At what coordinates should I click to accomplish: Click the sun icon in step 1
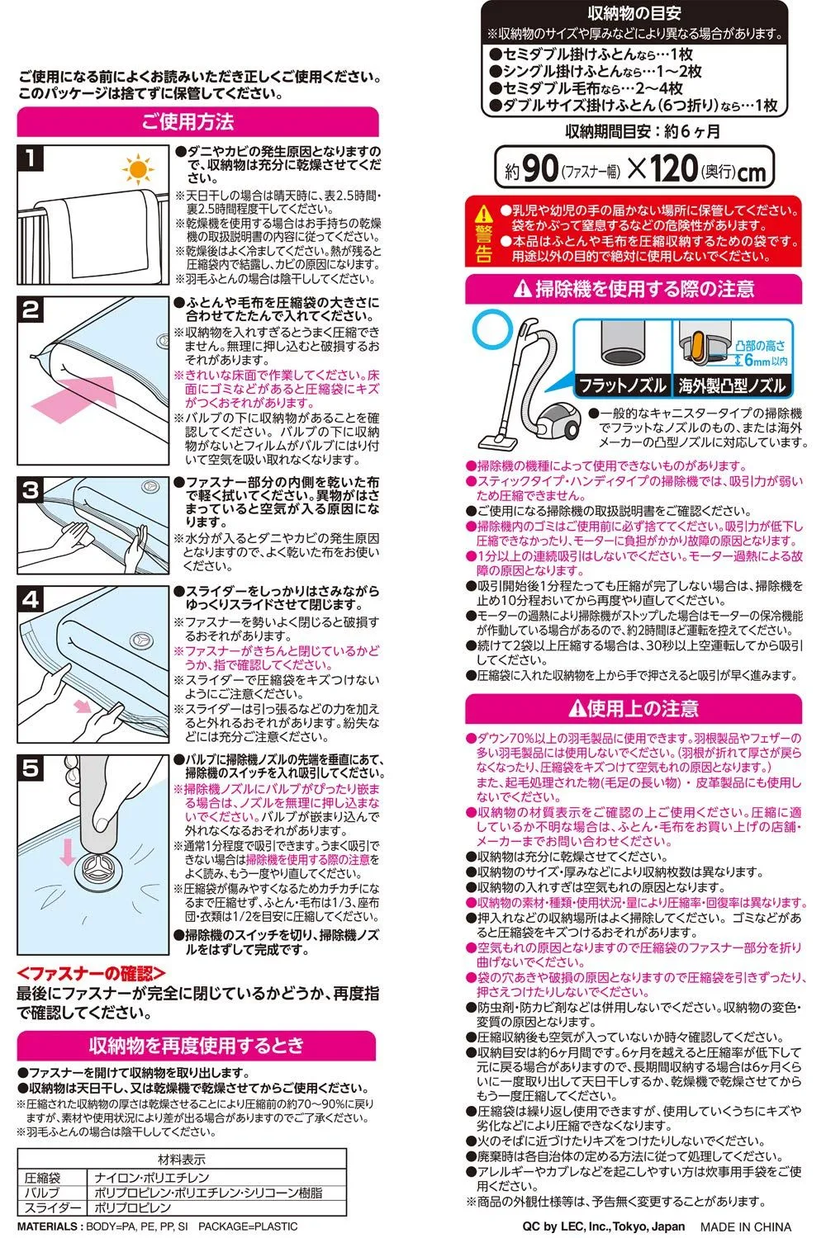click(x=138, y=169)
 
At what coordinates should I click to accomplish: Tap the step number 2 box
click(x=31, y=310)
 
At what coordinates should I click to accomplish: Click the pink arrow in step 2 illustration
click(x=74, y=397)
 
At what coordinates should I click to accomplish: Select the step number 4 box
click(x=31, y=600)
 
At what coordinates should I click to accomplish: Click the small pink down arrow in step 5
click(x=68, y=853)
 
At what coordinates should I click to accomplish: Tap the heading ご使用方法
click(x=188, y=121)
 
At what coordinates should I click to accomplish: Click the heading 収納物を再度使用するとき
click(x=197, y=1045)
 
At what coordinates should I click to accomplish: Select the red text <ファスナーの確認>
click(x=91, y=973)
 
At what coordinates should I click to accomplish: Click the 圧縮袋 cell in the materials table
click(x=43, y=1178)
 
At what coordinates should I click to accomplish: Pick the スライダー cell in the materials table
click(x=52, y=1207)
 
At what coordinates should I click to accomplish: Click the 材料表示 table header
click(x=182, y=1159)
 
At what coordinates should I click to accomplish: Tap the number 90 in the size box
click(x=539, y=168)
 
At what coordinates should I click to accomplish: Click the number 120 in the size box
click(x=673, y=168)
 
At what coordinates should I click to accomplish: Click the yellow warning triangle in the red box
click(x=483, y=213)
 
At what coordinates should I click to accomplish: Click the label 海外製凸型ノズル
click(x=732, y=385)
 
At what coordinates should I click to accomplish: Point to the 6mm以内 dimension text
click(x=766, y=361)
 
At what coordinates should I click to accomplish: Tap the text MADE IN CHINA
click(x=746, y=1226)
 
